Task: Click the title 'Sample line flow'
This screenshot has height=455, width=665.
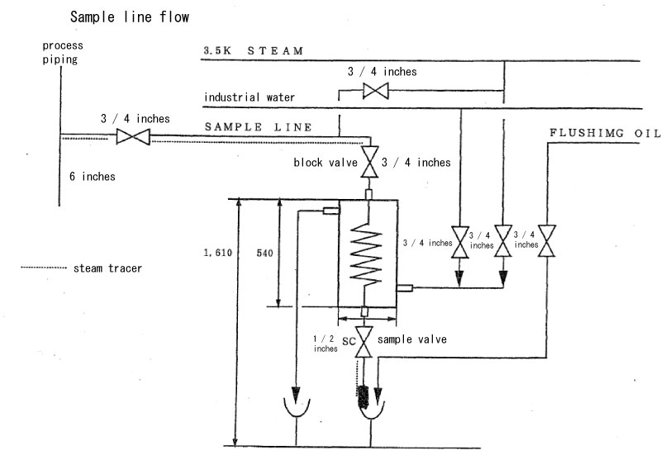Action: coord(130,17)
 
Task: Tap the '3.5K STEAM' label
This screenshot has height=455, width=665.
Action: coord(253,51)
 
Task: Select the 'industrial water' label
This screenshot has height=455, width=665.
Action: coord(249,97)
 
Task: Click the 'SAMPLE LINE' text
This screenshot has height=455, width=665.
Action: coord(259,127)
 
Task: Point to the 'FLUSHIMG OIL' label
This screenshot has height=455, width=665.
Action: coord(606,133)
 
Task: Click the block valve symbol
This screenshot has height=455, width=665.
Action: coord(369,162)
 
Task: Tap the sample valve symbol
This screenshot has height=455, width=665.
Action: coord(363,342)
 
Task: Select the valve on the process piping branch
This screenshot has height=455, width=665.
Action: coord(133,137)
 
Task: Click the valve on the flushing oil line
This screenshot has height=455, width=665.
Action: coord(547,241)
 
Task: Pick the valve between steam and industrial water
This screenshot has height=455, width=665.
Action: coord(375,91)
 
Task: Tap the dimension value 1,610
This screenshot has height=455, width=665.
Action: coord(217,253)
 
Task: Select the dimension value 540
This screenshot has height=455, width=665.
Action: coord(264,254)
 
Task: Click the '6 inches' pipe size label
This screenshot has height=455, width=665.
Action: coord(93,177)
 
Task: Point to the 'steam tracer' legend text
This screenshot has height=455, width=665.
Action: coord(107,268)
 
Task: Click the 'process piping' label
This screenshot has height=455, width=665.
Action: coord(63,52)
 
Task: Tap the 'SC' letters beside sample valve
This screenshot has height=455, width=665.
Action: coord(349,341)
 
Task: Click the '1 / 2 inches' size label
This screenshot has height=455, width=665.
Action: coord(325,344)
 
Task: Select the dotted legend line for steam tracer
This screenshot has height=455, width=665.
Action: coord(44,268)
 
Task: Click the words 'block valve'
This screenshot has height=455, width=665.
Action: coord(325,163)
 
